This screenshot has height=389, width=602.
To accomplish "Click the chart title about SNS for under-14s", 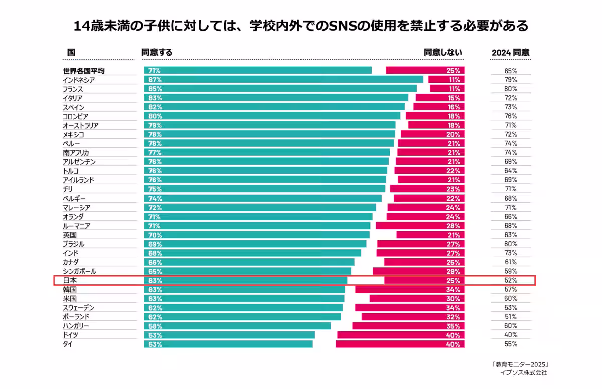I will coord(301,26).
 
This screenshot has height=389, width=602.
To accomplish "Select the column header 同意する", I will coord(157,52).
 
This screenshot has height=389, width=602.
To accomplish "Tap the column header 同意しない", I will coord(442,52).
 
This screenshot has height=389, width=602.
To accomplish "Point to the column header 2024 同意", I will coord(510,52).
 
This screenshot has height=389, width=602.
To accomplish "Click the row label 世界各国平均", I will coord(84,71).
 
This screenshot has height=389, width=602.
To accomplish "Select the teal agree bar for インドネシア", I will coord(283,80).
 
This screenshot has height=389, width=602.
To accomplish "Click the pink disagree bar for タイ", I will coord(400,344).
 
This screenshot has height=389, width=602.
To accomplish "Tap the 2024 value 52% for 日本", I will coord(511,280).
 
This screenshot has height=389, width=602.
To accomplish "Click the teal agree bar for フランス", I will coord(280,89).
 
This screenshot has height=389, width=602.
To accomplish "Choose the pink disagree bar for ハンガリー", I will coord(408,326).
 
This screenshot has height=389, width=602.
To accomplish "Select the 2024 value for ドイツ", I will coord(511,335).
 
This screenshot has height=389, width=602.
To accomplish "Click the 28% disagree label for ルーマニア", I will coord(454,226).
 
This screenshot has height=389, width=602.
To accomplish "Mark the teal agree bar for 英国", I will coord(257,235).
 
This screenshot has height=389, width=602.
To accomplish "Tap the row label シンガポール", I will coord(79,271).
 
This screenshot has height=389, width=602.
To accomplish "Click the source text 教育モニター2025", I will coord(519,364).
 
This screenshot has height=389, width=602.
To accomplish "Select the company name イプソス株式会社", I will coord(523,373).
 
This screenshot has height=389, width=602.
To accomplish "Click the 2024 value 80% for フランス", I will coord(511,89).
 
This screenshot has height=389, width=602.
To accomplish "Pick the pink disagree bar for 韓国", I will coord(409,289).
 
